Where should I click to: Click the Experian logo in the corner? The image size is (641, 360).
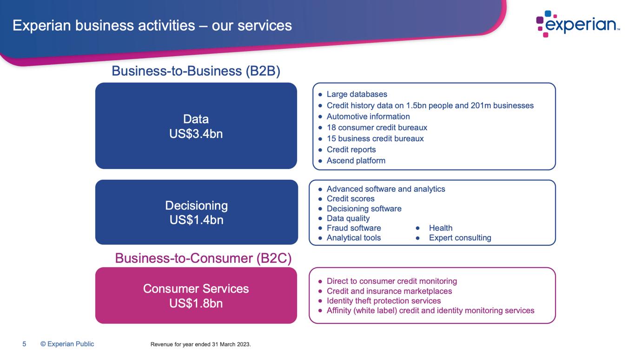[578, 24]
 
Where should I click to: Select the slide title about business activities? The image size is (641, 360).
[152, 25]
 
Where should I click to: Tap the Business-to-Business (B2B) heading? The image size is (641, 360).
[196, 71]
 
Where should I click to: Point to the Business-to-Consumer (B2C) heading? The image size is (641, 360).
[203, 258]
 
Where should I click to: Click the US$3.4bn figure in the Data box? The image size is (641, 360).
[196, 134]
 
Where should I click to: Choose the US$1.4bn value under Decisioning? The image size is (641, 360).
[196, 220]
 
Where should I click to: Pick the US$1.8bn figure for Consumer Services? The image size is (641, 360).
[196, 303]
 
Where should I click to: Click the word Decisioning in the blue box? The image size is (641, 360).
[196, 205]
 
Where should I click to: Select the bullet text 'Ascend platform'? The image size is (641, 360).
[356, 161]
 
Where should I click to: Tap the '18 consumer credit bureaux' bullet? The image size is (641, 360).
[377, 127]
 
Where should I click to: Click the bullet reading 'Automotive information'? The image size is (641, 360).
[368, 117]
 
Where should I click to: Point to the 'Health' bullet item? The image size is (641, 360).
[440, 228]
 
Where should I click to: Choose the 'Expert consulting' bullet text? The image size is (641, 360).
[460, 238]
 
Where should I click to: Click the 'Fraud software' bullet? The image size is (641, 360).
[354, 228]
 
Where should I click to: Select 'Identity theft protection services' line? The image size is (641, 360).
[383, 301]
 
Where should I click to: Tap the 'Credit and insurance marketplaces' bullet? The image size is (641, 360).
[389, 291]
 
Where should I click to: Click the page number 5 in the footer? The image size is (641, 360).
[24, 344]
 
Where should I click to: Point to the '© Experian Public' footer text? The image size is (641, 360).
[67, 344]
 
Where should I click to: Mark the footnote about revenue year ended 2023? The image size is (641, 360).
[200, 345]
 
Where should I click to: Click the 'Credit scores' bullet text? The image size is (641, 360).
[350, 199]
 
